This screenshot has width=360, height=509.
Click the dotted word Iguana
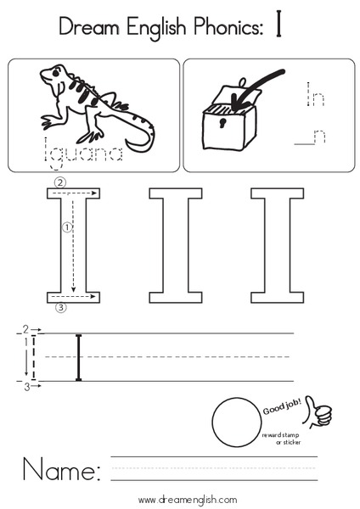tap(85, 154)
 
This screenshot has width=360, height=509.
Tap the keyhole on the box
tap(222, 124)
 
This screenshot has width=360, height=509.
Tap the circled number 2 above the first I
tap(59, 182)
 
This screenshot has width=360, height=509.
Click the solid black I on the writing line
tap(79, 357)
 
